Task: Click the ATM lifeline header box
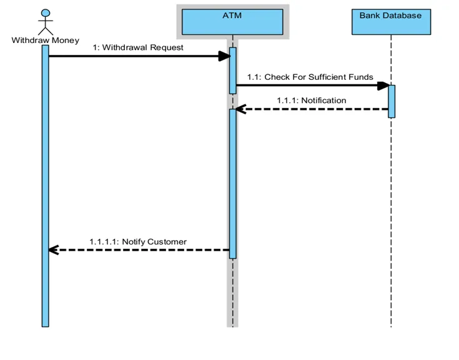(232, 22)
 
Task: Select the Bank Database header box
(390, 22)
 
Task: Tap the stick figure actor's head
(45, 13)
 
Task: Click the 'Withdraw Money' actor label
(46, 40)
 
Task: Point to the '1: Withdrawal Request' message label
(138, 47)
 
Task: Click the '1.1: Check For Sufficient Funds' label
(310, 77)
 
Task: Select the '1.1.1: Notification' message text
(312, 100)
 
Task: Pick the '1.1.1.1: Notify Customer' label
(138, 241)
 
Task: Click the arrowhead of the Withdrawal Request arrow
(224, 56)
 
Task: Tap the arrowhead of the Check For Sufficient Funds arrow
(383, 85)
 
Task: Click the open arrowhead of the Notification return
(240, 109)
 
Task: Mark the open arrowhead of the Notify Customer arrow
(53, 250)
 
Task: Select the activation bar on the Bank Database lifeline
(392, 101)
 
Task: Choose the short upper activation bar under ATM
(232, 70)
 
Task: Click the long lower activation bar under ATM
(232, 183)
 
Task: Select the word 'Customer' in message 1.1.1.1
(167, 241)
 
